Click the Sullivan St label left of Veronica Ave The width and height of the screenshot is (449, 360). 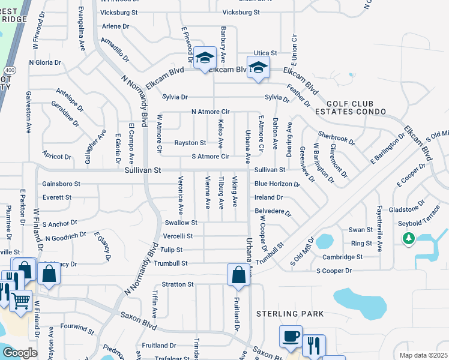coord(143,170)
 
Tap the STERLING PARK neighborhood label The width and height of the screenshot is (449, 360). coord(290,314)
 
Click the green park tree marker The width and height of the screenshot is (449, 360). coord(409,238)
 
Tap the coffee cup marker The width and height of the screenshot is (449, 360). coord(291,337)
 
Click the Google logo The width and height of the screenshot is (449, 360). coord(19,353)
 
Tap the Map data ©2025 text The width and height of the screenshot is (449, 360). coord(423,355)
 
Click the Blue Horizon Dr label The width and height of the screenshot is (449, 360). coord(277,184)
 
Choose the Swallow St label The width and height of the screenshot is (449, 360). coord(177,223)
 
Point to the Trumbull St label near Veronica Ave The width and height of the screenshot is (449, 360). coord(169,263)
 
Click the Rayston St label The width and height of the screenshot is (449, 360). coord(190,143)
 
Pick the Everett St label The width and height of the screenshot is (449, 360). coord(56,197)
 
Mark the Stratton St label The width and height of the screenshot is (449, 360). coord(177,284)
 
